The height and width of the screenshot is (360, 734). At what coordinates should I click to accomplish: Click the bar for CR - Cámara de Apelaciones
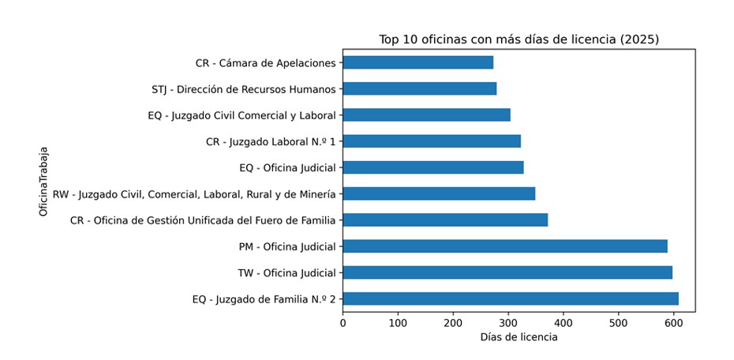tap(418, 62)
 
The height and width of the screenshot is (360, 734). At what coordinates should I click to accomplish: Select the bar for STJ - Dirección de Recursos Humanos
tap(419, 88)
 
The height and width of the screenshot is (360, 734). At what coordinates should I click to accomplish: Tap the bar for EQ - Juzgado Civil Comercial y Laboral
tap(426, 114)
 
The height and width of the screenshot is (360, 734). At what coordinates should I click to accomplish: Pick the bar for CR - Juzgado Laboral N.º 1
tap(432, 141)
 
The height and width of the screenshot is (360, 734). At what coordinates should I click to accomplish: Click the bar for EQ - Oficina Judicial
tap(433, 167)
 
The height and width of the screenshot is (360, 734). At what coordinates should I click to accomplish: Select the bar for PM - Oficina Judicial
tap(505, 246)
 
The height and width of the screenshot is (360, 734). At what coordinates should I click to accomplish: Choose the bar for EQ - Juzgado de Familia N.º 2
tap(511, 298)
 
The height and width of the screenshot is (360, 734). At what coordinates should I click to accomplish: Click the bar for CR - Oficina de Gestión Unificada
tap(445, 219)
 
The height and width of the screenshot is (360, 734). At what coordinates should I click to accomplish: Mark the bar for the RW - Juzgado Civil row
tap(439, 193)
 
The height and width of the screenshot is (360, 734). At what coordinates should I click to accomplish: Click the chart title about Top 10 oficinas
tap(519, 39)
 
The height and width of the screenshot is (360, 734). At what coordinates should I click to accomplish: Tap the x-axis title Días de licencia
tap(519, 337)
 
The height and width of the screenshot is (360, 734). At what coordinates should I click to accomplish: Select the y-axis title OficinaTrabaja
tap(45, 181)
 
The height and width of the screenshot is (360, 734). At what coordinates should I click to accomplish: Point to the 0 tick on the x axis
tap(343, 322)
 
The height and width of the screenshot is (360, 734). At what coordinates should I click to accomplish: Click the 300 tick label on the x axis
tap(508, 322)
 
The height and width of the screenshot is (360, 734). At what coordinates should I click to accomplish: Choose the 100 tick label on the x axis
tap(398, 322)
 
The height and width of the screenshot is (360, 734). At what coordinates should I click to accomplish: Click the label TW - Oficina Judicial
tap(287, 273)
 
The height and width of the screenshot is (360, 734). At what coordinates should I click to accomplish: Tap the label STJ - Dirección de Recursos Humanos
tap(244, 89)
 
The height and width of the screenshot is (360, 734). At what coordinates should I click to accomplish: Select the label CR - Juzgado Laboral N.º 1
tap(271, 141)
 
